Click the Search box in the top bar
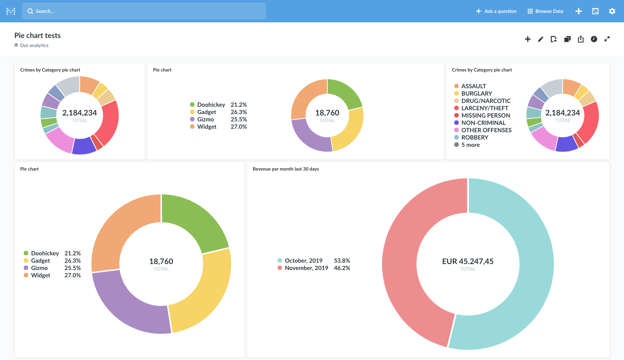pos(144,11)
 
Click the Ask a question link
pos(496,11)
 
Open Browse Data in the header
pos(546,11)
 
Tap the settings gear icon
pos(612,11)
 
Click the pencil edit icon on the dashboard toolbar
pos(541,39)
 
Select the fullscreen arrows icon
pos(607,39)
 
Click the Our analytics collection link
pos(34,45)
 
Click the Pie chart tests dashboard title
pos(37,36)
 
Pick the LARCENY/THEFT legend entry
pos(485,108)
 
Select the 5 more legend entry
pos(470,145)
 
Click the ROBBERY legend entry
pos(474,137)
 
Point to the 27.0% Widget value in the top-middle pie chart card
pos(239,127)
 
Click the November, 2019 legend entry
pos(306,268)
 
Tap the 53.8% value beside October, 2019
pos(342,261)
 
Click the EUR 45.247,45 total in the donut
pos(468,261)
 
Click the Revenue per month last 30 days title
pos(286,169)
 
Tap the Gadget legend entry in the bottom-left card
pos(40,261)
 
